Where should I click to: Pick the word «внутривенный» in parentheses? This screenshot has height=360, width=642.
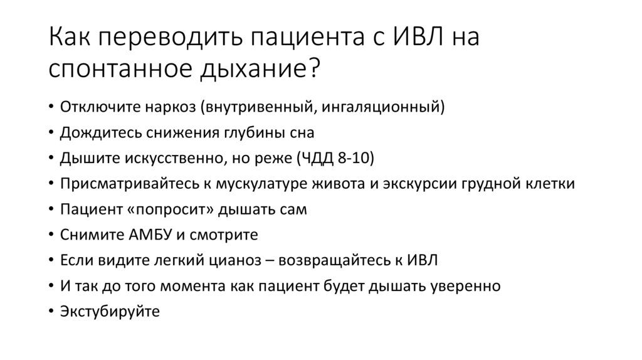(x=235, y=107)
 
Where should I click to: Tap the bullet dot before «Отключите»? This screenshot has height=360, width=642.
(x=51, y=107)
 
